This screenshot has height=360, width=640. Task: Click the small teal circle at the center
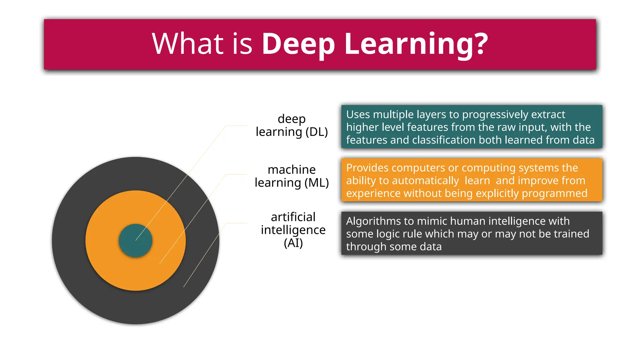coord(135,241)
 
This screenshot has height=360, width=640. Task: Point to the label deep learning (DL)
coord(292,125)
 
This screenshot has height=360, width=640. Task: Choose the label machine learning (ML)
coord(292,176)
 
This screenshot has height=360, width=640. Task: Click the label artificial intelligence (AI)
coord(293,230)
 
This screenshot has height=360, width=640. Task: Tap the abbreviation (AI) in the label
coord(293,243)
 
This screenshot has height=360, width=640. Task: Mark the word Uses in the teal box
coord(358,115)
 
